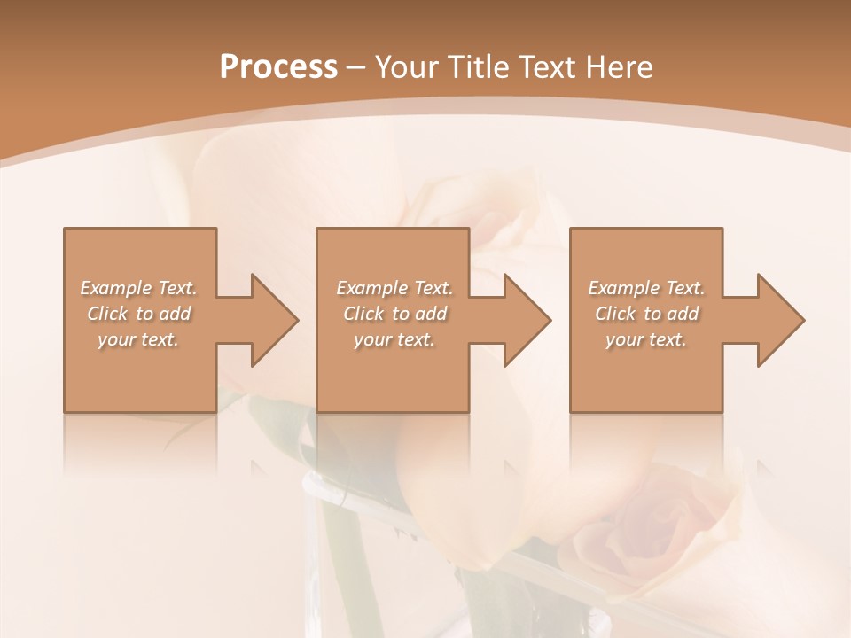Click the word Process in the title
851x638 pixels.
coord(278,67)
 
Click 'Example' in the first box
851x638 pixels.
coord(116,288)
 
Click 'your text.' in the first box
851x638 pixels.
coord(137,339)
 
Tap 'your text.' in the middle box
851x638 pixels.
coord(394,339)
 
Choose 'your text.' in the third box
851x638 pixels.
coord(645,339)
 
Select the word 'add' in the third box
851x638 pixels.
coord(683,314)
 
